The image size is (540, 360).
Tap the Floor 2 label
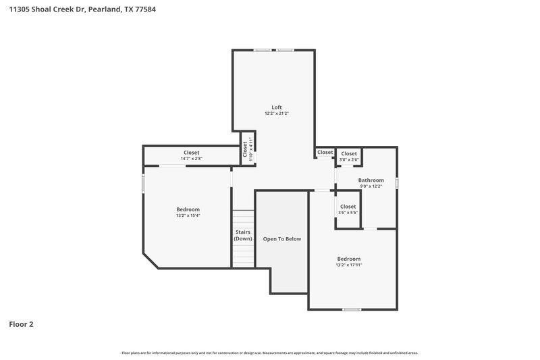(21, 324)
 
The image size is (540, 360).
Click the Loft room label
(276, 107)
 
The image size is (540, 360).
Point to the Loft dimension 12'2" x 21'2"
(276, 113)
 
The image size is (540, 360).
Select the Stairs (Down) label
(243, 235)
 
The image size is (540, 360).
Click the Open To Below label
(281, 238)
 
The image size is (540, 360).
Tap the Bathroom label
(371, 180)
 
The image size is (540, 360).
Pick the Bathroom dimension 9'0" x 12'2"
(371, 186)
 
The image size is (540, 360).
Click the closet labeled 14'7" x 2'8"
(192, 155)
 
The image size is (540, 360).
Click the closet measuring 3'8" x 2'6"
(348, 157)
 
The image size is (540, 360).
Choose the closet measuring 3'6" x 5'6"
(348, 209)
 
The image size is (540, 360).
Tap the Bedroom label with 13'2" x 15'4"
(188, 212)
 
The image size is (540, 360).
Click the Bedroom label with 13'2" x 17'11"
(349, 261)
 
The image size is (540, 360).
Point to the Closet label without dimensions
(325, 153)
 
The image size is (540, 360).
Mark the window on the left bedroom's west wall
(143, 184)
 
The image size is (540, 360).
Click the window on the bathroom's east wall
(397, 182)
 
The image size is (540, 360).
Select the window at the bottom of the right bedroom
(351, 309)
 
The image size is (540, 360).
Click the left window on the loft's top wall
(262, 50)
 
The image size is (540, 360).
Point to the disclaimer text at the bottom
(270, 353)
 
